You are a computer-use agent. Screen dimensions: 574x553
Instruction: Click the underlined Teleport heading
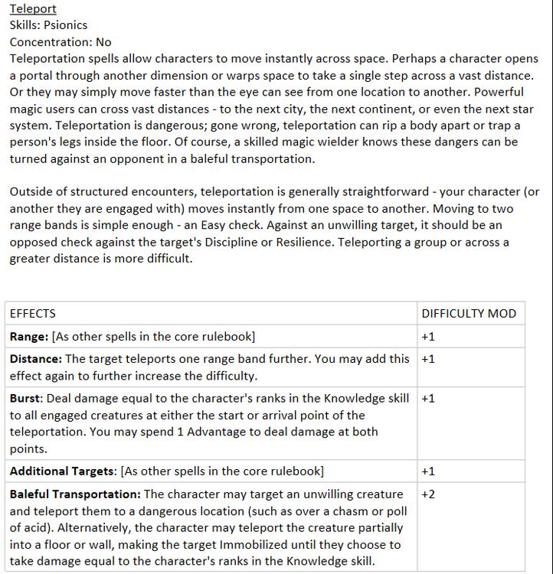pos(33,9)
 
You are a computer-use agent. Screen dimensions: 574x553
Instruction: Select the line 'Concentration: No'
pos(61,42)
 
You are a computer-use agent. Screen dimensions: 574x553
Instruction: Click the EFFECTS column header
pos(32,313)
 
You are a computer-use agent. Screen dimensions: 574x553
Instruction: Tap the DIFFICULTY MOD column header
pos(469,313)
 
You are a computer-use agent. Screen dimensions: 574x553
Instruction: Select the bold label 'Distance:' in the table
pos(35,358)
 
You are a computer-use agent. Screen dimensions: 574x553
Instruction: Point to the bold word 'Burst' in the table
pos(25,398)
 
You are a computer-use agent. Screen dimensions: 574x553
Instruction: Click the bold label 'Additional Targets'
pos(62,471)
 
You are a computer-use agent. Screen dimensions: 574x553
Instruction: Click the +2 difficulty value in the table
pos(428,494)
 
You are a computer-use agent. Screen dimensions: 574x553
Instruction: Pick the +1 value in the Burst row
pos(428,398)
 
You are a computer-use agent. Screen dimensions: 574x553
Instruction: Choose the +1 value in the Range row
pos(428,337)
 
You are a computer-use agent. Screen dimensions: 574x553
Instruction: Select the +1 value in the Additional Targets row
pos(428,471)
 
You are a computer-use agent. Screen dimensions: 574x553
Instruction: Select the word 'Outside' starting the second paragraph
pos(32,191)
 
